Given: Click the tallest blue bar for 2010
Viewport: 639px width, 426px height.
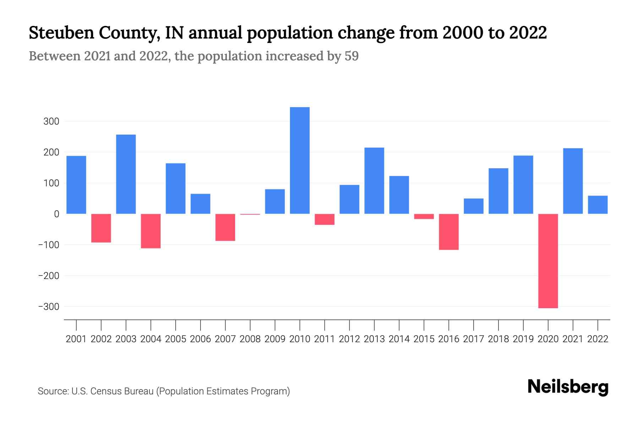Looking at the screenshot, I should (x=300, y=160).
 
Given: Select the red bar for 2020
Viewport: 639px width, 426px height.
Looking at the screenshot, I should (x=548, y=261).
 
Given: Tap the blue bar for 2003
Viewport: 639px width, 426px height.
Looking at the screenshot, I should (x=126, y=174).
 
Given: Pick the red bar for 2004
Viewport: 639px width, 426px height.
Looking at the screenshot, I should (x=151, y=231).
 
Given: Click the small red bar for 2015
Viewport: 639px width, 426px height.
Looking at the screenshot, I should (x=424, y=216).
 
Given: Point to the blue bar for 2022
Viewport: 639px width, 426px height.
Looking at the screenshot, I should (x=597, y=205).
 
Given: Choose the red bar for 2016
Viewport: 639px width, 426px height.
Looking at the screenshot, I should (x=449, y=232).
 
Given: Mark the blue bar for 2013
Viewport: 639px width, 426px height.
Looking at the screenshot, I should (x=374, y=180).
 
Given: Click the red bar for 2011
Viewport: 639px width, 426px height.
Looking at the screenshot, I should (x=324, y=219).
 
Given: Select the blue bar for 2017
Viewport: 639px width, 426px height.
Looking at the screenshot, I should (x=474, y=206).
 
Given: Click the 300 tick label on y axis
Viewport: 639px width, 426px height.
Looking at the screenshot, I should (x=51, y=121).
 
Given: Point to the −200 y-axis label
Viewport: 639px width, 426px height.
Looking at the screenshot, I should (x=49, y=275).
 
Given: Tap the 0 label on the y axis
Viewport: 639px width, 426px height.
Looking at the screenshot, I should (x=56, y=214).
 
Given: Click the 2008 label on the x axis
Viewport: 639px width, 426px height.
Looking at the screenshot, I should (x=250, y=339).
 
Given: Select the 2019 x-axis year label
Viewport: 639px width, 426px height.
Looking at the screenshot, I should (x=523, y=339).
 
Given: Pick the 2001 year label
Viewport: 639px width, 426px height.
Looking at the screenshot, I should (x=76, y=339).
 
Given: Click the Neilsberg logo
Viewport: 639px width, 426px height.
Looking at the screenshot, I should (x=568, y=387).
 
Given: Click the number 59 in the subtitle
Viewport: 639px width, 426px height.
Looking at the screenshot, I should (x=351, y=56).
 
